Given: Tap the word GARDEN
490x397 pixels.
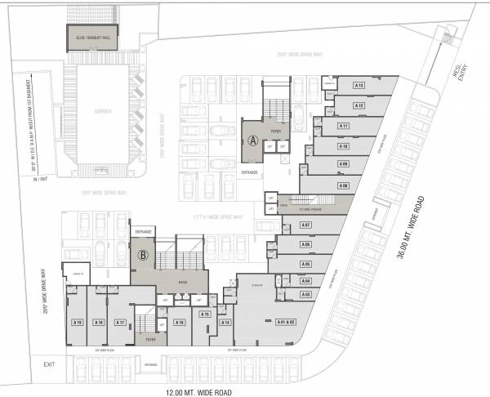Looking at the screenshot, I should pos(102,111).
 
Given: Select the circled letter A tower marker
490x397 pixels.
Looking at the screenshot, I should pos(254,141).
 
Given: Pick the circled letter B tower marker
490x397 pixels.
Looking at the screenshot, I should pos(143,254).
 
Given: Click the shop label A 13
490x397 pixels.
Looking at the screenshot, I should pos(359,86).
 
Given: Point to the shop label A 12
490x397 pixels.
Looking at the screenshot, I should pos(359,105).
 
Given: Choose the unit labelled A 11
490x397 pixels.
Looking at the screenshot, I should pos(344,126).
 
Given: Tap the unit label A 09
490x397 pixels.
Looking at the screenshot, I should pos(344,165).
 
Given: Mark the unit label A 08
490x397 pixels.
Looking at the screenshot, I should pos(344,186).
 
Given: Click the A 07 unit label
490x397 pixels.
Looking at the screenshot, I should pos(306,225).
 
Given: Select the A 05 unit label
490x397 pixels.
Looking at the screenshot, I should pos(306,264).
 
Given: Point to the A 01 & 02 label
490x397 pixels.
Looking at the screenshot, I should pos(284,322).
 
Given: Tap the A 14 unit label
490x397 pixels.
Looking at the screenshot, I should pos(225,322).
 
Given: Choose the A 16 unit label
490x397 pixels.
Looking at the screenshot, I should pos(179,322).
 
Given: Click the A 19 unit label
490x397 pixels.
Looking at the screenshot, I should pos(78,322).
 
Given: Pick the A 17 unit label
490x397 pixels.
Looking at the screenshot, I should pos(121,322).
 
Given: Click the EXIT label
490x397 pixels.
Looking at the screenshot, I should pos(49,364).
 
